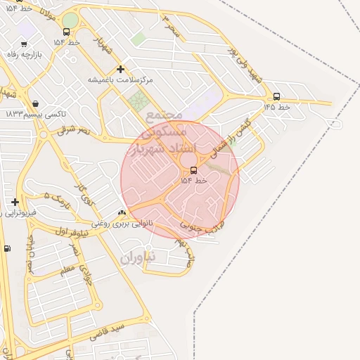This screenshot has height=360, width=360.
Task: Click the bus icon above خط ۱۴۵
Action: coord(276,96)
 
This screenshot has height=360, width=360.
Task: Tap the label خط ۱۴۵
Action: coord(276,107)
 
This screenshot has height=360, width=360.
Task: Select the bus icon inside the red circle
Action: coord(193,170)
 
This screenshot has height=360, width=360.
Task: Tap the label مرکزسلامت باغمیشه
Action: coord(120,79)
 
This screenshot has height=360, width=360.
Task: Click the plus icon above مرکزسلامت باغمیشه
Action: coord(120,69)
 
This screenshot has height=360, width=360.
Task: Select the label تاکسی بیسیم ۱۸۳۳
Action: coord(35,114)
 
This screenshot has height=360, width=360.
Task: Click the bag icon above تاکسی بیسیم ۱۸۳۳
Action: coord(35,103)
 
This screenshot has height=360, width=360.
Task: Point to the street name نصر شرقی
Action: coord(74,129)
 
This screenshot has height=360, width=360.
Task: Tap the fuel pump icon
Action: coord(7,248)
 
